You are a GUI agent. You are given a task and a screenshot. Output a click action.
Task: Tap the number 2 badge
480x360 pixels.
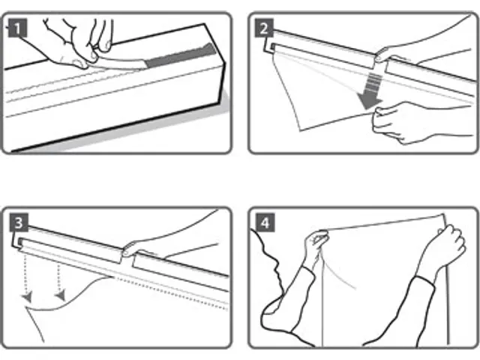pyautogui.click(x=264, y=30)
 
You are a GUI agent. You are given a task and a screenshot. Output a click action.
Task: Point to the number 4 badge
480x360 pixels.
pyautogui.click(x=264, y=223)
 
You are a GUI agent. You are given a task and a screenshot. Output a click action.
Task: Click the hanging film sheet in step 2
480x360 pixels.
pyautogui.click(x=315, y=97)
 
